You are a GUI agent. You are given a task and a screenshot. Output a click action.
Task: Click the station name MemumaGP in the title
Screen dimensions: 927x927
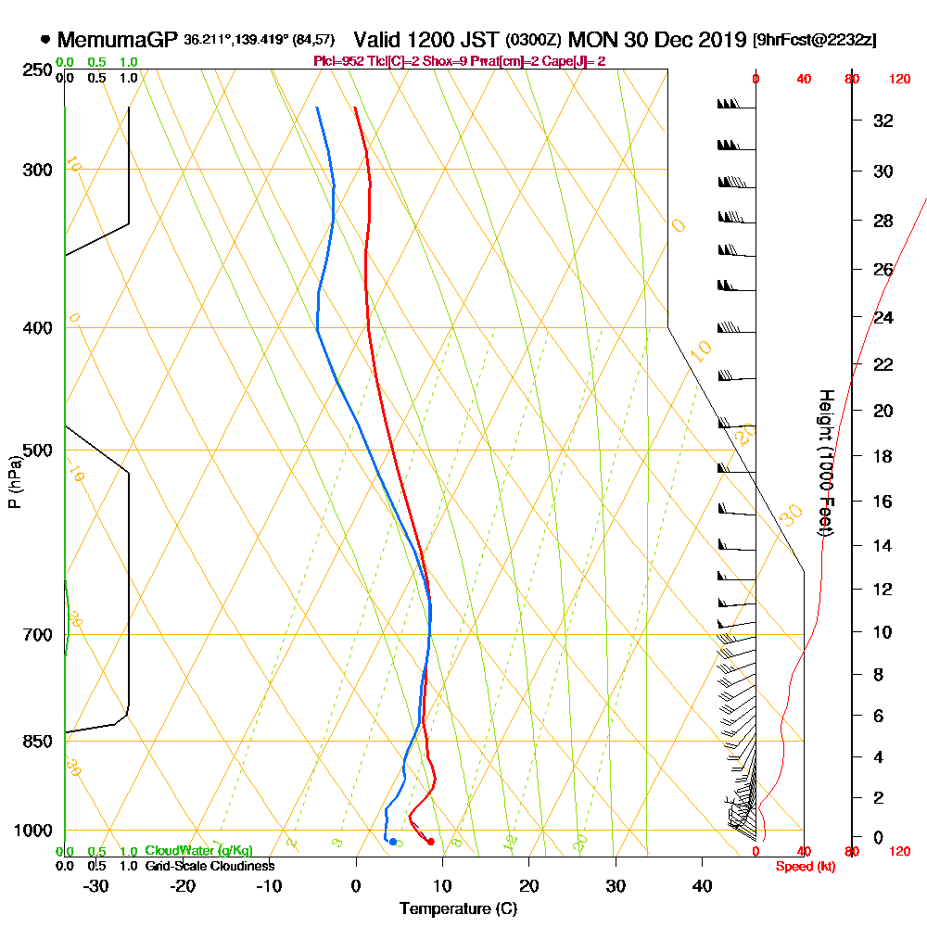pos(118,40)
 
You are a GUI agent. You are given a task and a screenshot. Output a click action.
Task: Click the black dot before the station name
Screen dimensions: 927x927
pos(45,40)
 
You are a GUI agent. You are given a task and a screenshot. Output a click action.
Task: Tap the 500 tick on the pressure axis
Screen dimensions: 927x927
pos(36,451)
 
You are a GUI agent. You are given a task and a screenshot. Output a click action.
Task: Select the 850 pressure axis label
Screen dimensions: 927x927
pos(36,742)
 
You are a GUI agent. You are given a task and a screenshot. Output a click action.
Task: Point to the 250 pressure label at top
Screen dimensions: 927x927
pos(36,70)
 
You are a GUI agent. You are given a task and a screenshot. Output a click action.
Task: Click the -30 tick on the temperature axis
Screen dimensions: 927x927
pos(96,885)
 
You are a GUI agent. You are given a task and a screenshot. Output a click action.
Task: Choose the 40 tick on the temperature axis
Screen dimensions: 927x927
pos(702,885)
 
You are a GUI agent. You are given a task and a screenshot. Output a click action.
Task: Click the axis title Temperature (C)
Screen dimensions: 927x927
pos(458,908)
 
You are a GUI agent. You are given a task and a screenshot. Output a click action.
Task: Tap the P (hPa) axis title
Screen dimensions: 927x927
pos(14,480)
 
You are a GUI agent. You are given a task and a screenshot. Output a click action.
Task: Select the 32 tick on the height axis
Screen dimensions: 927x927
pos(883,120)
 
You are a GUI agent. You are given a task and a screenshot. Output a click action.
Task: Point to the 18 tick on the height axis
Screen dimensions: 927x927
pos(883,456)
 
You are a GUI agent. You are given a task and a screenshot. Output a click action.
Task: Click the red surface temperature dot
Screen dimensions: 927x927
pos(430,842)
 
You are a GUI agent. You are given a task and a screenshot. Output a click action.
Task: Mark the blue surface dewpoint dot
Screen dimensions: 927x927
pos(393,842)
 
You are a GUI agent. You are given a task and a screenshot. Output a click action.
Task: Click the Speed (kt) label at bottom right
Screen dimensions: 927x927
pos(804,866)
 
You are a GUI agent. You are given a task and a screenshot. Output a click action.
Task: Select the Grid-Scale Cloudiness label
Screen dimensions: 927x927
pos(209,866)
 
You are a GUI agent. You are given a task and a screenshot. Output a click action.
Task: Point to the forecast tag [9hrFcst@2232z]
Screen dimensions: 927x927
pos(815,40)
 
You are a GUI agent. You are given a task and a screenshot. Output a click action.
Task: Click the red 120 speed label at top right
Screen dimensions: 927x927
pos(898,79)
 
